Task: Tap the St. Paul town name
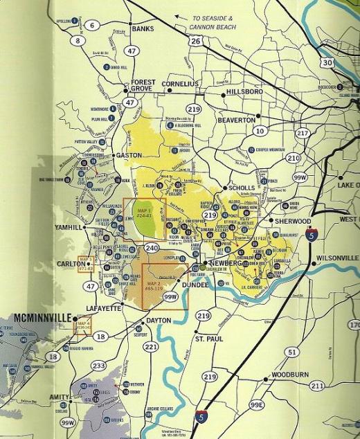[208, 340]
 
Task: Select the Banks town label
[142, 29]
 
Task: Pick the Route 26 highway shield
[196, 42]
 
